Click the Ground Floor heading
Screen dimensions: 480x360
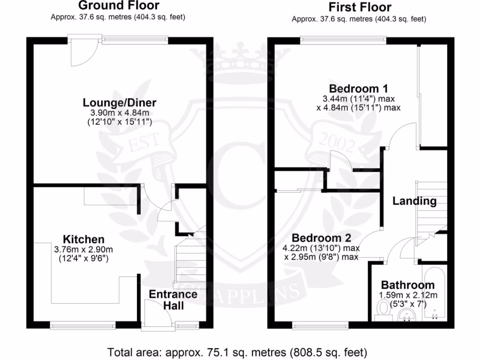[119, 6]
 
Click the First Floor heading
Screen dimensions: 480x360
[360, 7]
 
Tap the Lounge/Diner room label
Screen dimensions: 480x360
[120, 103]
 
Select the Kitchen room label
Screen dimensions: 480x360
[84, 239]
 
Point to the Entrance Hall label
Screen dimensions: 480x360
[173, 300]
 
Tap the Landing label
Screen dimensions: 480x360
[414, 201]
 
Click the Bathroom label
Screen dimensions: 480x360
[407, 285]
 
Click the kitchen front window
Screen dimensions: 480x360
[82, 323]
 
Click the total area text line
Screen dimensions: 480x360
[238, 351]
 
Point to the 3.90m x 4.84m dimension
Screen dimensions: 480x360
[120, 113]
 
